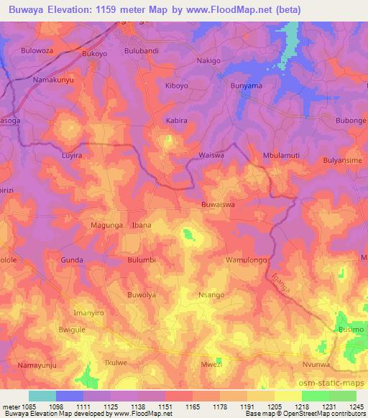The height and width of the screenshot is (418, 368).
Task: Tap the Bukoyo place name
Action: tap(95, 53)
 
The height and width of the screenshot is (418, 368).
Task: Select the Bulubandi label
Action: tap(141, 52)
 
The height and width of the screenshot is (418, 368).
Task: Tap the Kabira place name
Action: tap(176, 121)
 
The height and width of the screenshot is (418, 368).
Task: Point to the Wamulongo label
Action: tap(247, 259)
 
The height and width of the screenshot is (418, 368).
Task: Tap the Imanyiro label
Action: tap(89, 313)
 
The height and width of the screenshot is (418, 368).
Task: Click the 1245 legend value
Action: tap(355, 406)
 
